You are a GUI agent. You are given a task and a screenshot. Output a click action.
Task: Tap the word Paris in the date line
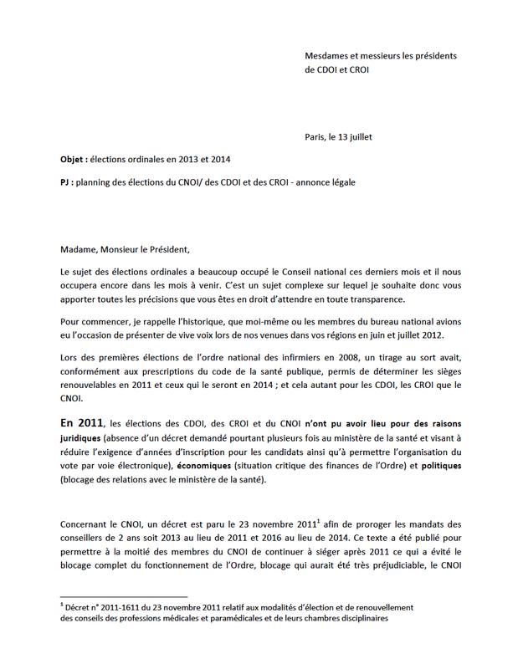coord(317,136)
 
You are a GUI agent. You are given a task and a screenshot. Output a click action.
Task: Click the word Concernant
coord(86,524)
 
